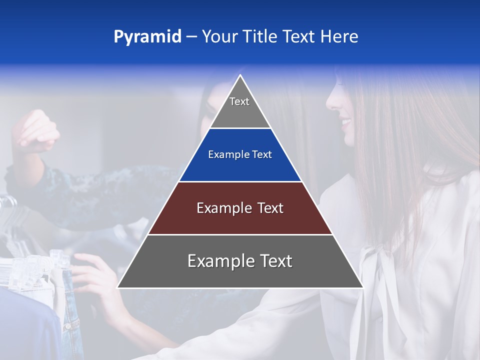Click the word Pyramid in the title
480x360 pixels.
147,37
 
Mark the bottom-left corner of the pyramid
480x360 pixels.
118,287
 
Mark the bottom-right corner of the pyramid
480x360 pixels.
362,287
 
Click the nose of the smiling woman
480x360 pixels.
330,102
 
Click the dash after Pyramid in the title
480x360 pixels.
191,37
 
